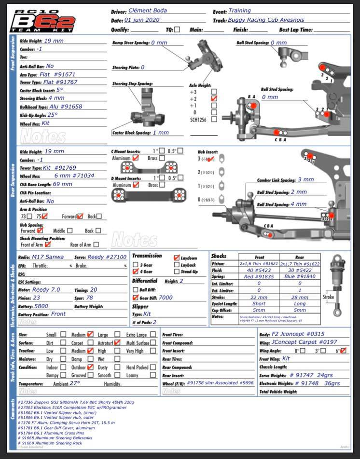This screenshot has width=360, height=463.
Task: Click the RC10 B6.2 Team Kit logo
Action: click(43, 20)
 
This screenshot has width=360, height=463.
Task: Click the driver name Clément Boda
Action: click(148, 11)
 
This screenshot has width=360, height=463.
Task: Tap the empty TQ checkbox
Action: click(177, 29)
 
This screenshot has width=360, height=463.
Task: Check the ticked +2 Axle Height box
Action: click(214, 98)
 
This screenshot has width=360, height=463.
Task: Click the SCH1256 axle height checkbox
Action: click(214, 120)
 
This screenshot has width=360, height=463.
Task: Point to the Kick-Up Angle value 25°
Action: click(52, 115)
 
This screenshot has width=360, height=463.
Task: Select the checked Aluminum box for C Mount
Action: click(136, 158)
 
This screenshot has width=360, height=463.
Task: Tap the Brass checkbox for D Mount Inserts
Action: click(162, 185)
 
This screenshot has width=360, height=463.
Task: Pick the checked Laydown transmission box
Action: click(177, 258)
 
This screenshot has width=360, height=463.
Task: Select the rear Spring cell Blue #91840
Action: click(300, 277)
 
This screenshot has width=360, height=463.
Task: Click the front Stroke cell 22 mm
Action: click(259, 297)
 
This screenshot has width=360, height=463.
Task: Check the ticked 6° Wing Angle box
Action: click(343, 351)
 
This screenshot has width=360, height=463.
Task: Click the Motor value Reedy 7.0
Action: click(46, 290)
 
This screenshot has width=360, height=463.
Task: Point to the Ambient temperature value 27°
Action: click(74, 383)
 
